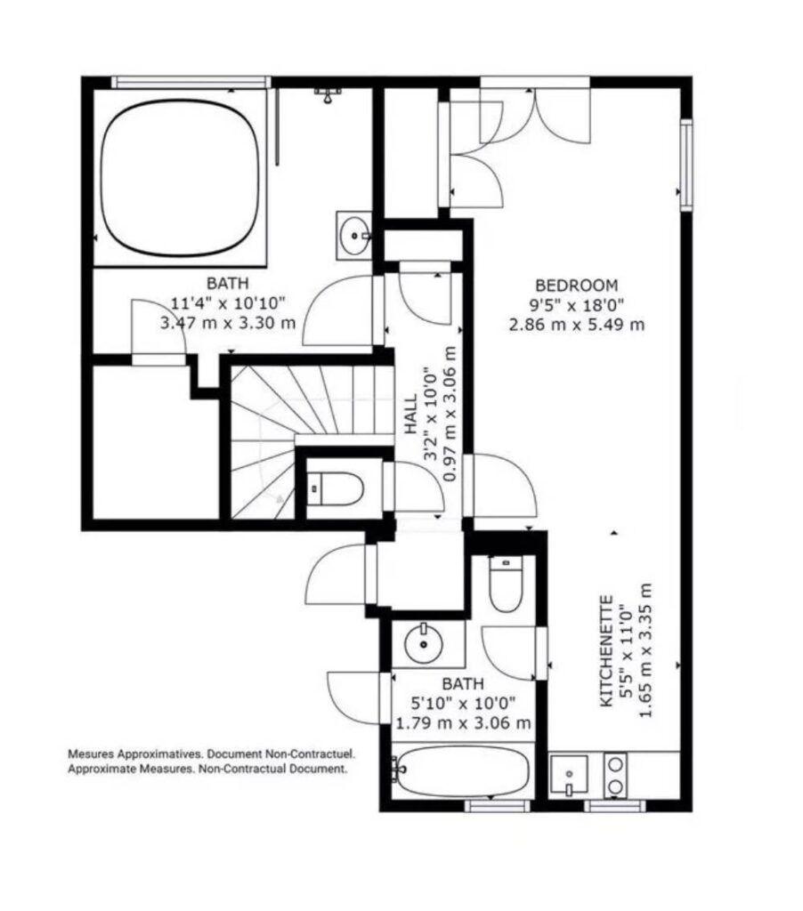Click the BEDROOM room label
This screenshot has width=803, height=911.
pos(576,286)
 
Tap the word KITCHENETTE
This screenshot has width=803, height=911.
pos(606,650)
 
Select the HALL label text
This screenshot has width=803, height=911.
pos(411,414)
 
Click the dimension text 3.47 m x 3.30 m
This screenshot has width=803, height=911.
pos(228,322)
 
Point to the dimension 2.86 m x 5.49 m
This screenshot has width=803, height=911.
pos(577,324)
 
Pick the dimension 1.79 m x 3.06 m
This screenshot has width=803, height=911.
pos(463,723)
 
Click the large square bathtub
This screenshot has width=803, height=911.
pos(180,177)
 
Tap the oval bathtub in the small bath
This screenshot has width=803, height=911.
pos(464,771)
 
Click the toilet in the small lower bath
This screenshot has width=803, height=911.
pos(506,583)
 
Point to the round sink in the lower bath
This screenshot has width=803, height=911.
pos(424,643)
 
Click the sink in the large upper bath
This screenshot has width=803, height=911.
pos(354,235)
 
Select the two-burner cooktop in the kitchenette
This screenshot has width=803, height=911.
pos(615,774)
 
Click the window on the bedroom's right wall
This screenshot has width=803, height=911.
pos(686,165)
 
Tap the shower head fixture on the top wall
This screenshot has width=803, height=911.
pos(328,94)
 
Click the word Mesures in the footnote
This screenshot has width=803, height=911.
pos(91,754)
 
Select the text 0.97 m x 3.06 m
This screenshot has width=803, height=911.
pos(449,414)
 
